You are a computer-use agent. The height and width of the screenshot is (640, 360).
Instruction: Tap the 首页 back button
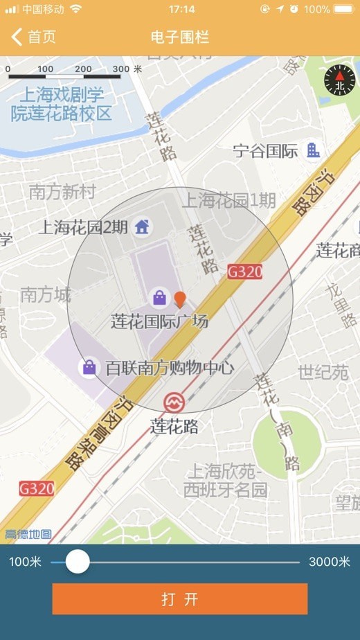pos(33,37)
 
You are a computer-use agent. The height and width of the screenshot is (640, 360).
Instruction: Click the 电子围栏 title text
pos(179,37)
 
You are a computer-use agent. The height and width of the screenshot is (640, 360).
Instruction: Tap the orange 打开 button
pos(179,599)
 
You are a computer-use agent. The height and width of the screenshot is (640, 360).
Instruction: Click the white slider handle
pos(78,561)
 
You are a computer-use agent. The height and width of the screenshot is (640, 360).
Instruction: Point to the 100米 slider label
pos(25,562)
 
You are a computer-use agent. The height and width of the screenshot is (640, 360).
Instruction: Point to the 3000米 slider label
pos(330,562)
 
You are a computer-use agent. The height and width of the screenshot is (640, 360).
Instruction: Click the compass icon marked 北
pos(339,80)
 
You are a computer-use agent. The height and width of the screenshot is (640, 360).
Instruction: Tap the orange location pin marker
pos(179,299)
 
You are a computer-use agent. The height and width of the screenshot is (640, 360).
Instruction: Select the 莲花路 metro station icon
pos(173,402)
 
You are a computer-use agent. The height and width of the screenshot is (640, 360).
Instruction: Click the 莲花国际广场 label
pos(159,321)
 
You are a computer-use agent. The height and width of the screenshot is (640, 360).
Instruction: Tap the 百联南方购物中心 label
pos(170,368)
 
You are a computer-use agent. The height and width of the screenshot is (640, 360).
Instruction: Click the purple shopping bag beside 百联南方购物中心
pos(89,367)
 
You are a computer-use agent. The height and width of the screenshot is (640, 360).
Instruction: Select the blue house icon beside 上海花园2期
pos(142,226)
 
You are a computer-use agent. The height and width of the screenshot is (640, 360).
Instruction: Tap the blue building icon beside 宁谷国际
pos(314,150)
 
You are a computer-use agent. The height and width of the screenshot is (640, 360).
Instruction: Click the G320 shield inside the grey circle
pos(245,272)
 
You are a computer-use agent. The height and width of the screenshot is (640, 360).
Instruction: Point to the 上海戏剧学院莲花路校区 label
pos(61,104)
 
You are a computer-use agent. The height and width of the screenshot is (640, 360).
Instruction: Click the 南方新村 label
pos(62,192)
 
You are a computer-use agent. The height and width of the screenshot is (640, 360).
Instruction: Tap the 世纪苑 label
pos(323,373)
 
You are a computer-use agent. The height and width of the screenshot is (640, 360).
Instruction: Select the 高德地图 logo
pos(28,534)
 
